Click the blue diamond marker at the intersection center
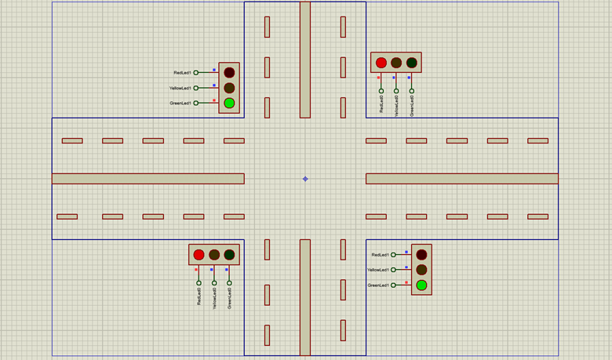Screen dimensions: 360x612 305,179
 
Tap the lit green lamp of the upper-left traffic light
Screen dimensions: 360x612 229,103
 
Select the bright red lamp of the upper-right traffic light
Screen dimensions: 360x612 381,63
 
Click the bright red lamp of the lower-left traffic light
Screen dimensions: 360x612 199,255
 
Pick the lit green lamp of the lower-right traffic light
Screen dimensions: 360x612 421,285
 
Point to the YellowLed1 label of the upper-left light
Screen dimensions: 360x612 180,88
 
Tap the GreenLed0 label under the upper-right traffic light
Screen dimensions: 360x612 412,106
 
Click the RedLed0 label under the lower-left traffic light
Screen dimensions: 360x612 199,296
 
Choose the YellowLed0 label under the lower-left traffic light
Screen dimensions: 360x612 214,298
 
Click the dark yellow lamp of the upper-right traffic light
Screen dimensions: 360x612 396,63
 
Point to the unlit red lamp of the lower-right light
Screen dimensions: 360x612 421,255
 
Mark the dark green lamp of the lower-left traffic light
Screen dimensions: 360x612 229,255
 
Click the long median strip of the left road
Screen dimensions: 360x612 148,179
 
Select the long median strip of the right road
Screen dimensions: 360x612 461,179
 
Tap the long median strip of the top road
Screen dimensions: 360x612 305,60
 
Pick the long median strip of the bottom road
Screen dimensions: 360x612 305,298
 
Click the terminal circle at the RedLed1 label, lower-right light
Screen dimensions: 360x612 395,255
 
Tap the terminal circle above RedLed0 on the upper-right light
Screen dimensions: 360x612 381,91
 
